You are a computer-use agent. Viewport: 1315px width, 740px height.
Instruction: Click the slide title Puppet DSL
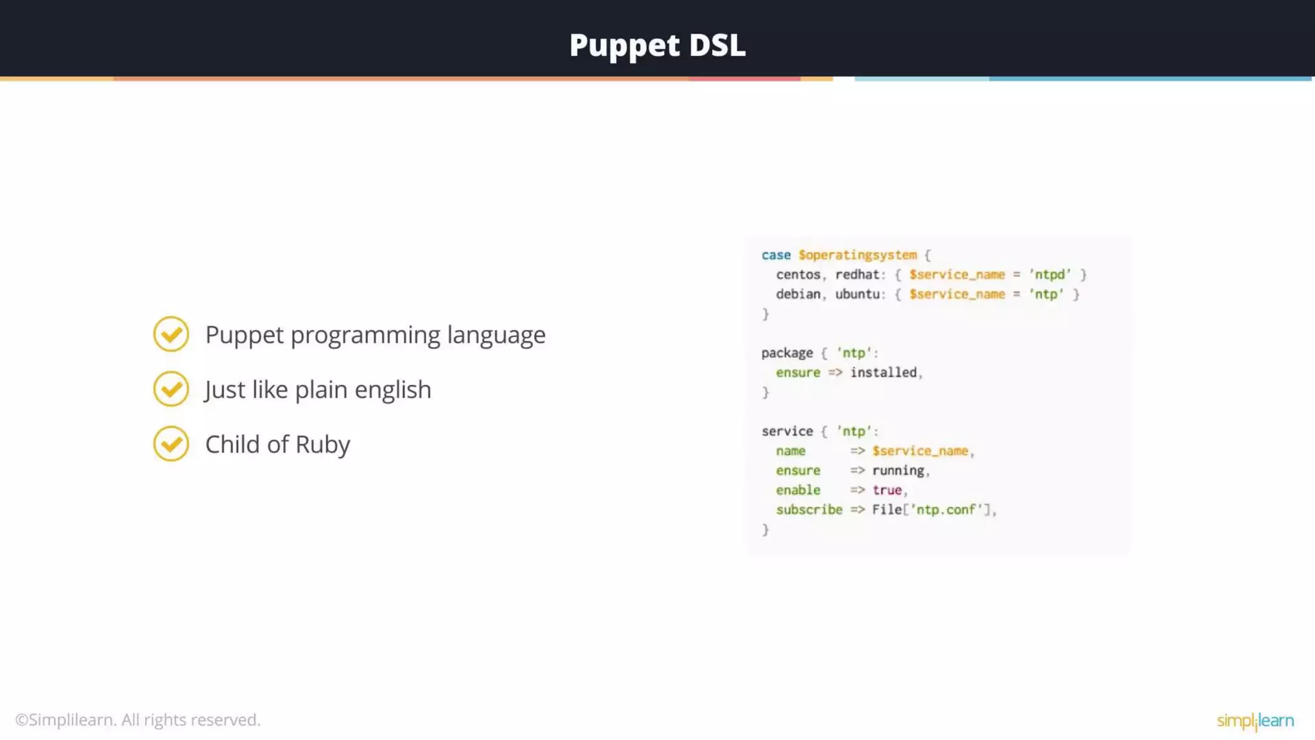[x=657, y=45]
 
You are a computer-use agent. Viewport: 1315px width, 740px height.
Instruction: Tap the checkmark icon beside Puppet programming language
[x=171, y=334]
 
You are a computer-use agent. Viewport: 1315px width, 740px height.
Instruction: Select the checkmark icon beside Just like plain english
[x=171, y=389]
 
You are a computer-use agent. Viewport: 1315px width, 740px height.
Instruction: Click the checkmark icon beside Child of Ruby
[x=171, y=444]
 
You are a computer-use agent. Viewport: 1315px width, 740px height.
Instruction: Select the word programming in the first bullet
[x=365, y=335]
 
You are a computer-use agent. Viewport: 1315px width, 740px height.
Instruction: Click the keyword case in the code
[x=776, y=255]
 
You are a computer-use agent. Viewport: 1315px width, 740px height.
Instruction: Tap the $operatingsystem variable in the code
[x=857, y=255]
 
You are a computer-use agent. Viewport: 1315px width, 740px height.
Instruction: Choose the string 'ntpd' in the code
[x=1050, y=275]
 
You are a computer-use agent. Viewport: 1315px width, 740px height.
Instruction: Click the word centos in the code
[x=798, y=275]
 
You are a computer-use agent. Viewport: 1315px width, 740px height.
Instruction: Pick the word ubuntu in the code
[x=857, y=294]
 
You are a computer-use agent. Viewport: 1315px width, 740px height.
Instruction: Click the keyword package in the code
[x=787, y=353]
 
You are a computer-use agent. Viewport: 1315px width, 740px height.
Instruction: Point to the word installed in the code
[x=883, y=373]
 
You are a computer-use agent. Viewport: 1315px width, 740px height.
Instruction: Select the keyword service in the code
[x=787, y=432]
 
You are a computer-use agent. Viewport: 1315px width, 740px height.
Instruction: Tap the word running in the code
[x=898, y=471]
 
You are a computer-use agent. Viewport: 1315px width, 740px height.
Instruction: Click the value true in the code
[x=887, y=490]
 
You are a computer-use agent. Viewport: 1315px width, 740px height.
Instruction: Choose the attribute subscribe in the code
[x=808, y=510]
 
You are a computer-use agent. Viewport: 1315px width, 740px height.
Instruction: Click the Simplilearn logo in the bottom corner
[x=1255, y=721]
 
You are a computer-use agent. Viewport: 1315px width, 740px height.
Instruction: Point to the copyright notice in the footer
[x=138, y=720]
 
